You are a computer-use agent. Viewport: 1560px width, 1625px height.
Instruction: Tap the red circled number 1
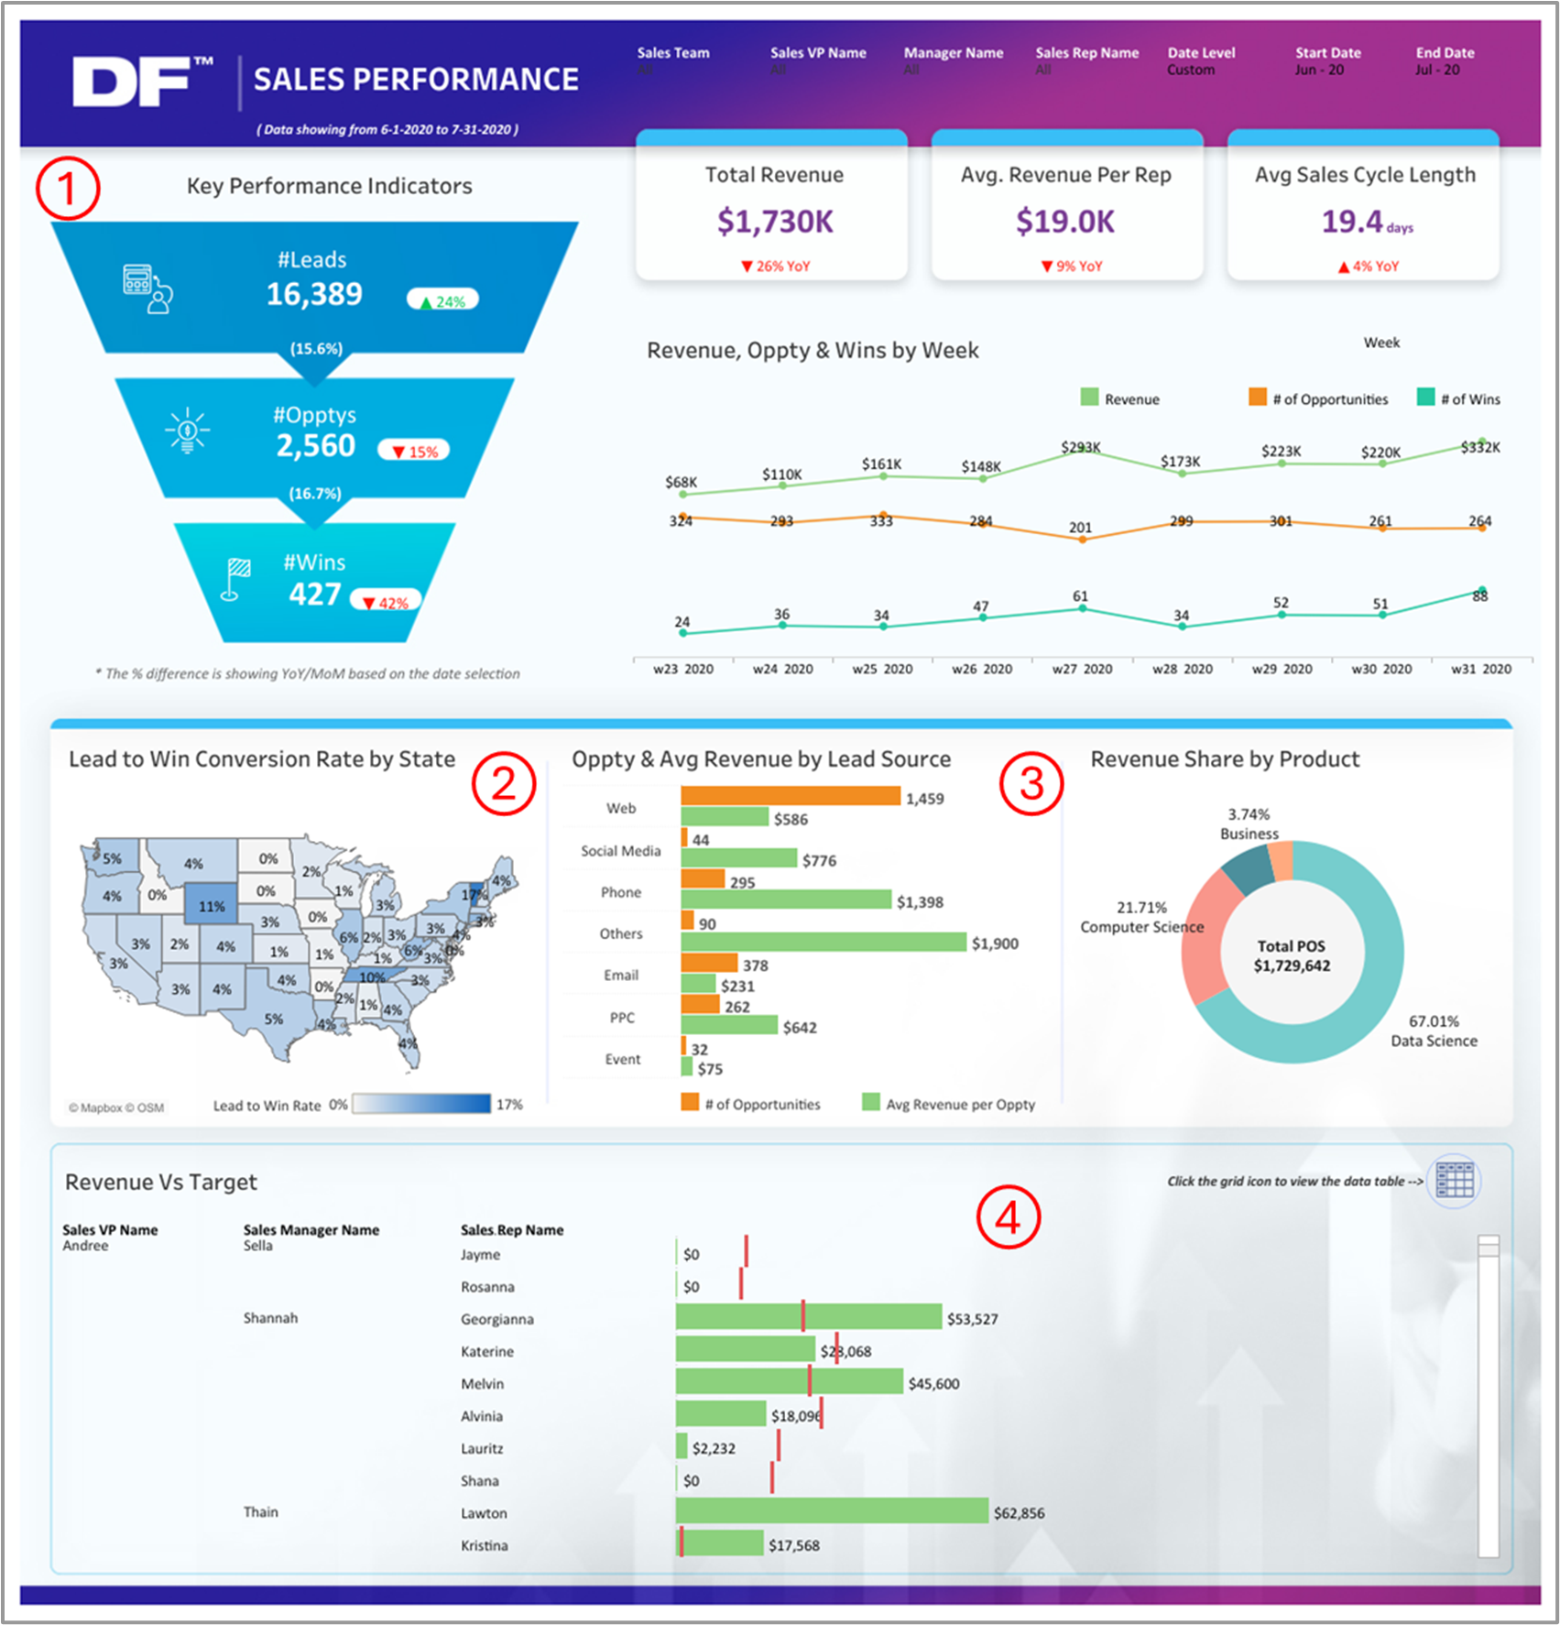[x=68, y=188]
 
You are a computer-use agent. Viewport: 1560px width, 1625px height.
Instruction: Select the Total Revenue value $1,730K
[x=775, y=222]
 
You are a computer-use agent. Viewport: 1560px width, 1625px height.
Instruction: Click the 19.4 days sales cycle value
[x=1364, y=222]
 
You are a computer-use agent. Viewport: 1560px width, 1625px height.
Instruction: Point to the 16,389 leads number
[x=314, y=294]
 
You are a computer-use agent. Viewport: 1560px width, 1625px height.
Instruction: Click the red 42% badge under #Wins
[x=387, y=603]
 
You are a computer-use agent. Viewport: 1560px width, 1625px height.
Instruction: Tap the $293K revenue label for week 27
[x=1081, y=447]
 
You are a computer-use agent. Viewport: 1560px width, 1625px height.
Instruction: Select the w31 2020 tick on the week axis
[x=1480, y=669]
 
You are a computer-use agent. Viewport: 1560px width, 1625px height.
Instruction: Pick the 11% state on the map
[x=211, y=905]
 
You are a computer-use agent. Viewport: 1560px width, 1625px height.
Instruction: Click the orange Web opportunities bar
[x=790, y=796]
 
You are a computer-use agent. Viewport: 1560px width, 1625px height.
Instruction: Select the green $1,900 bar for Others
[x=823, y=942]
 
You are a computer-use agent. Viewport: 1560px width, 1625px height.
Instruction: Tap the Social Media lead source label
[x=620, y=851]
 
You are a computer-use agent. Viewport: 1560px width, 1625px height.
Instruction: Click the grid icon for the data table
[x=1455, y=1180]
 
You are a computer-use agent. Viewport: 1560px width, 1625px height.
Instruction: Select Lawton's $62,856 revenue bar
[x=832, y=1511]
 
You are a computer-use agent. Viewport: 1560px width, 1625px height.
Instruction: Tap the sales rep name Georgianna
[x=496, y=1319]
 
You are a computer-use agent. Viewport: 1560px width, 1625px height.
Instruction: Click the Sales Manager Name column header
[x=311, y=1230]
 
